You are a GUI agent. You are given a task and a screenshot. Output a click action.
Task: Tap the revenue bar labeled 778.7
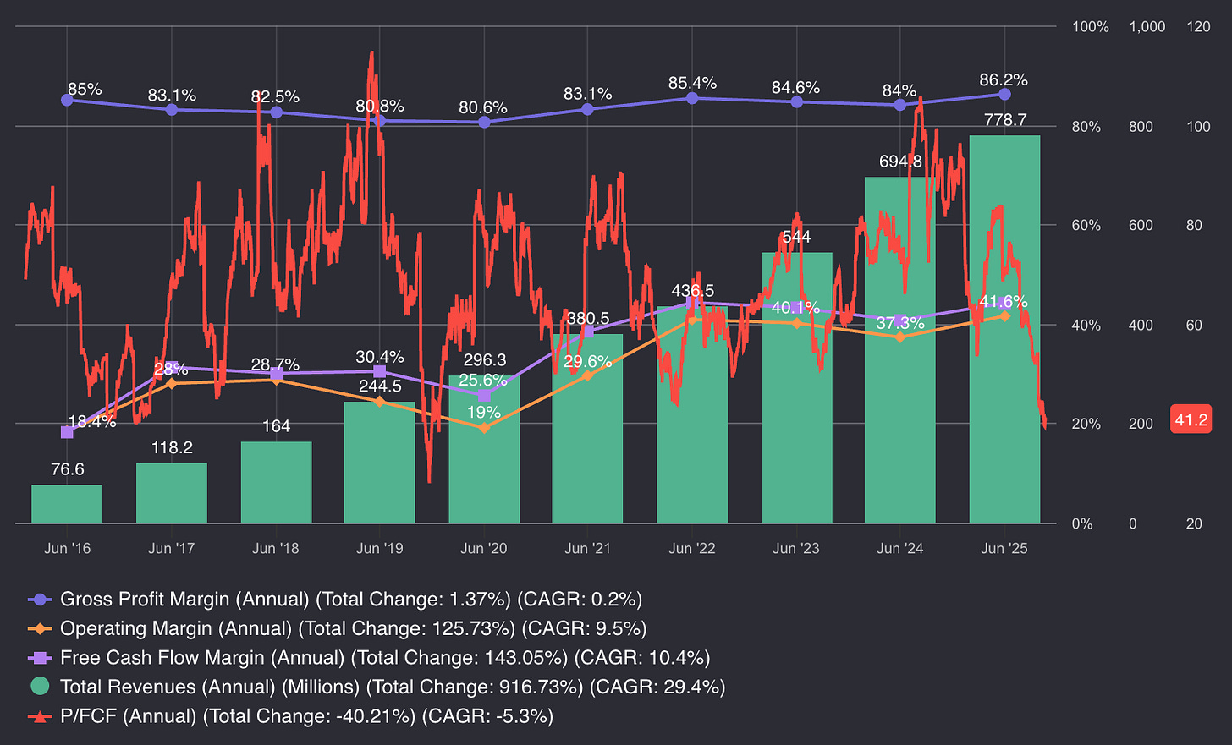click(1004, 329)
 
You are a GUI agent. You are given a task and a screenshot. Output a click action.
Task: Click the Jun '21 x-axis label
click(587, 549)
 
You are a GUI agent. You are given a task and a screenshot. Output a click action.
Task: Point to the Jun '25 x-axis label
click(1004, 549)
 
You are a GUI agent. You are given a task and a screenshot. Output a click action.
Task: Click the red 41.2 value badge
click(1191, 419)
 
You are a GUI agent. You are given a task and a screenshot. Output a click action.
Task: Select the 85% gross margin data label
click(85, 89)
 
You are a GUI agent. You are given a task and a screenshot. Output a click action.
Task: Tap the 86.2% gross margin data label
click(1004, 80)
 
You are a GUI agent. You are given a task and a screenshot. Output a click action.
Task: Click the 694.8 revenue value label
click(899, 162)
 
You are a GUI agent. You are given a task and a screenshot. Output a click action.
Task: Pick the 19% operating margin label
click(484, 413)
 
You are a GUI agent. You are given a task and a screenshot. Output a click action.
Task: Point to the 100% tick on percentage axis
click(1090, 27)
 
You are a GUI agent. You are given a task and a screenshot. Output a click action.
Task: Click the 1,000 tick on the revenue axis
click(1147, 27)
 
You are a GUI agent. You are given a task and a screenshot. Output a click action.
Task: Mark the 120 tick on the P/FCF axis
click(1198, 27)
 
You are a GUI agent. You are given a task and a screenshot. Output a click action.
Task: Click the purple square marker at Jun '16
click(68, 432)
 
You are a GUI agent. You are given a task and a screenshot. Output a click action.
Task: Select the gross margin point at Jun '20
click(484, 122)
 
